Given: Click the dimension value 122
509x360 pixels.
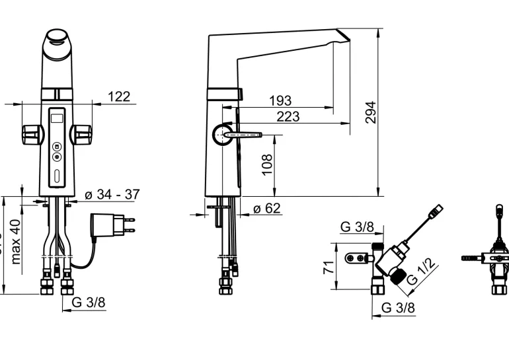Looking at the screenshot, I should pyautogui.click(x=118, y=96).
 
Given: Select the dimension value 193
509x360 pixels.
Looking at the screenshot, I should pyautogui.click(x=280, y=100).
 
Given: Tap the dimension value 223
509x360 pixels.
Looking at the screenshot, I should pyautogui.click(x=288, y=116).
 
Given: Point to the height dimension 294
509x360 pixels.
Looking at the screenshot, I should pyautogui.click(x=370, y=114).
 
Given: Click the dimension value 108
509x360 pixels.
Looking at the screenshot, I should pyautogui.click(x=267, y=164).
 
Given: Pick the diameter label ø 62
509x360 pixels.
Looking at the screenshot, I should pyautogui.click(x=266, y=208).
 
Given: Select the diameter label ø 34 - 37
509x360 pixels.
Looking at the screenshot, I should pyautogui.click(x=112, y=195).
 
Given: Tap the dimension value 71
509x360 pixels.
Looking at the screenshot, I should pyautogui.click(x=327, y=268).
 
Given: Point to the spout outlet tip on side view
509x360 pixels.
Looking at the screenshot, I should pyautogui.click(x=344, y=35).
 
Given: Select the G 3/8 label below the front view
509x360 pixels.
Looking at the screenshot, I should pyautogui.click(x=88, y=303).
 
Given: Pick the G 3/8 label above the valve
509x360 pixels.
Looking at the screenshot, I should pyautogui.click(x=357, y=227).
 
